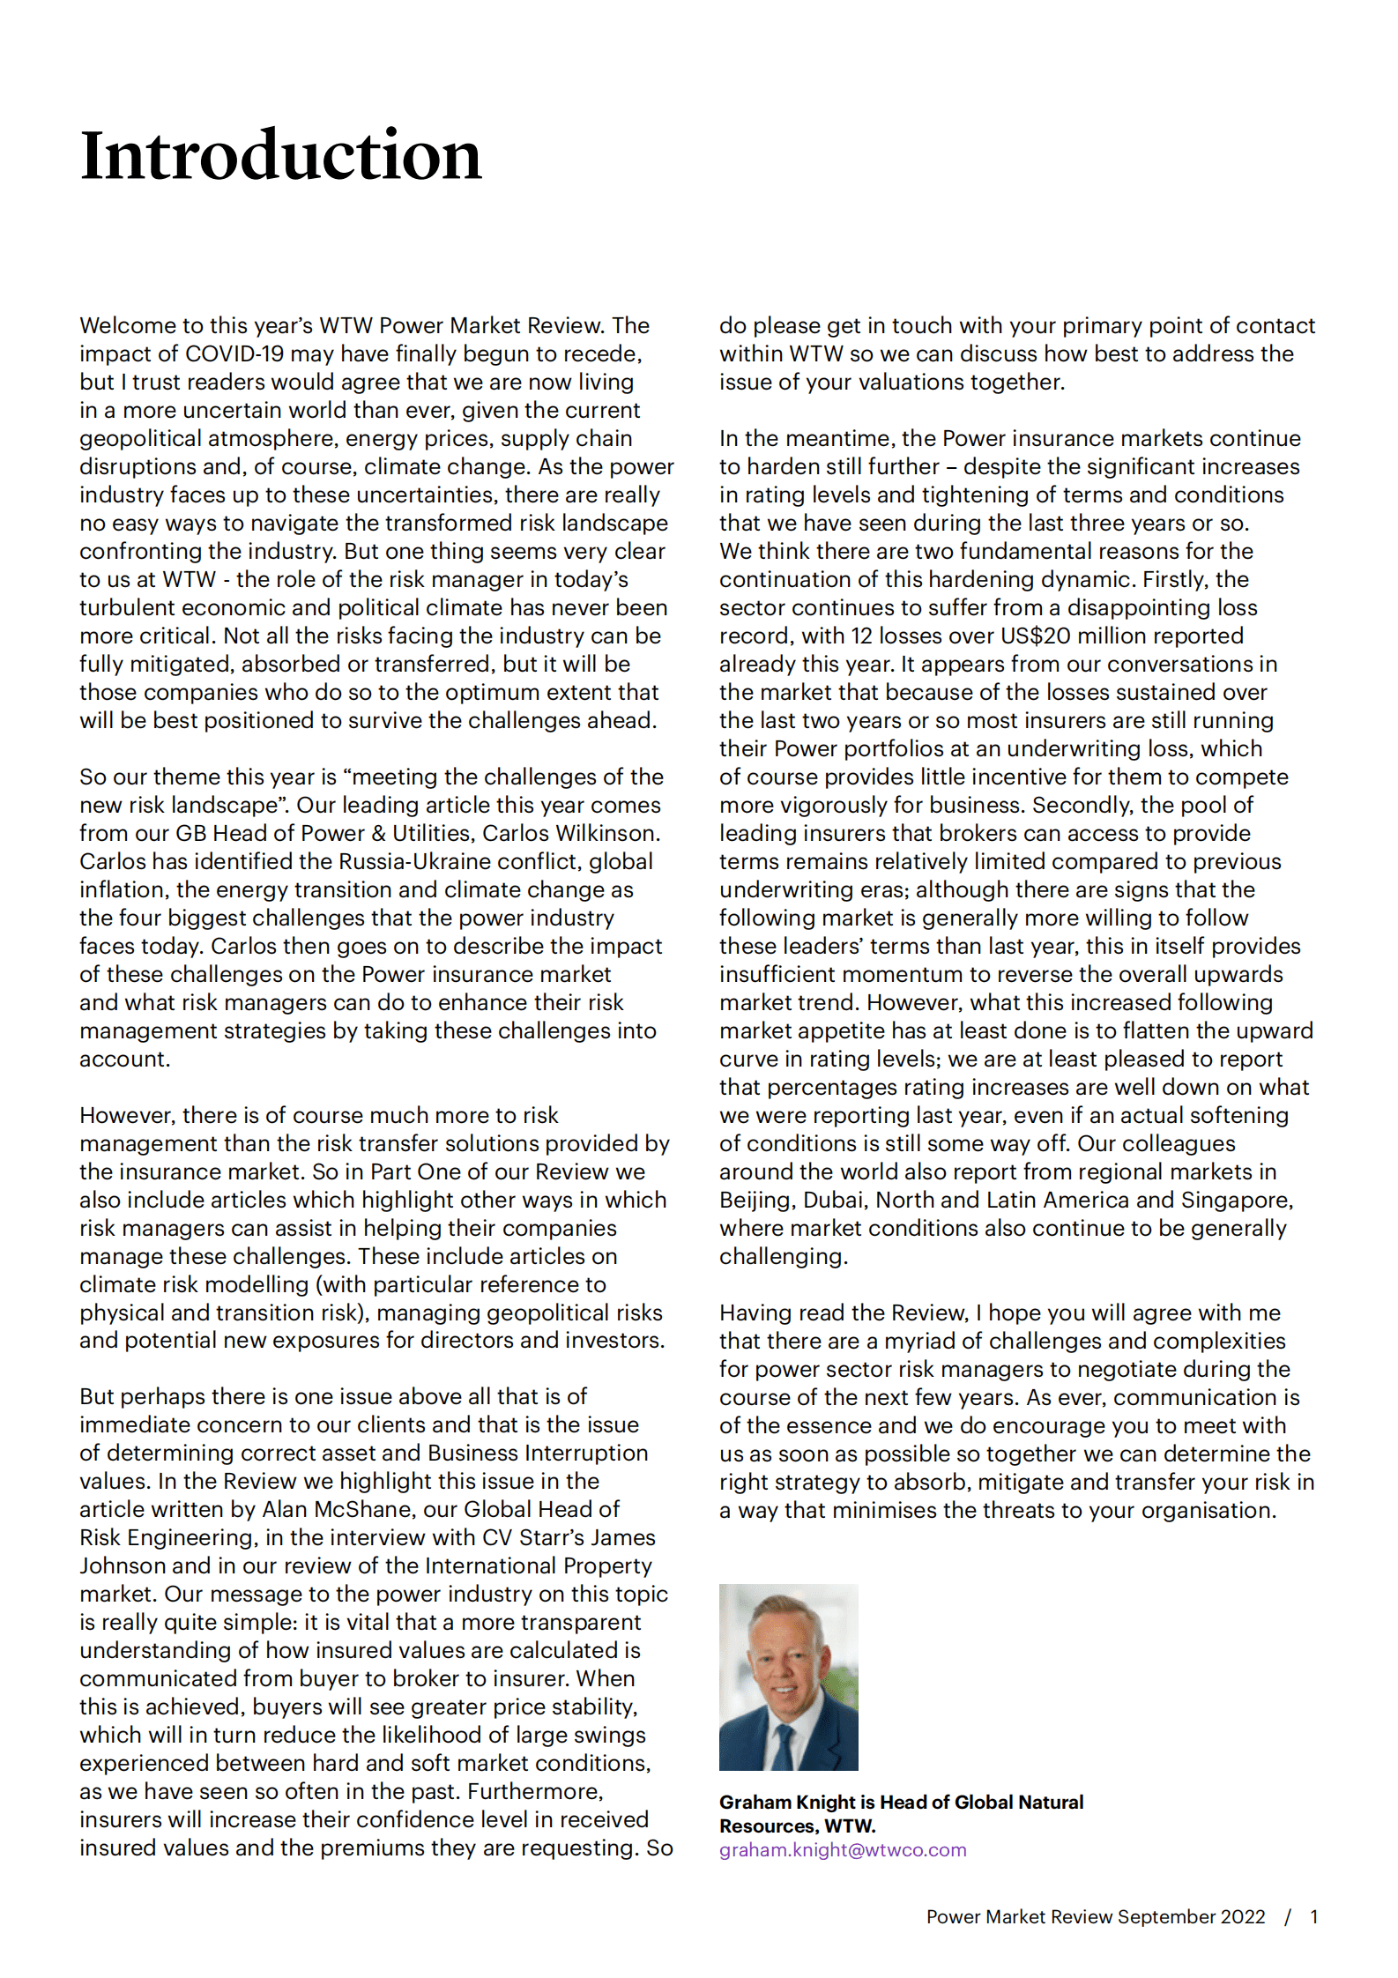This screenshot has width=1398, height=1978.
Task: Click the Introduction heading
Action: tap(280, 155)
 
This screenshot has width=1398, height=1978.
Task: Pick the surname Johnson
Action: tap(122, 1566)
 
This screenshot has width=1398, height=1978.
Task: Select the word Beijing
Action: tap(755, 1201)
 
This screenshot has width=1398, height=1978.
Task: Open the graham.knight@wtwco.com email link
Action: tap(843, 1850)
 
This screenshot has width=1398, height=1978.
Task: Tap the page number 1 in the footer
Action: tap(1313, 1917)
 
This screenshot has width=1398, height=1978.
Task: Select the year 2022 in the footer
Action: tap(1242, 1917)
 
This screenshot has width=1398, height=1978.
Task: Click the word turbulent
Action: tap(125, 608)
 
